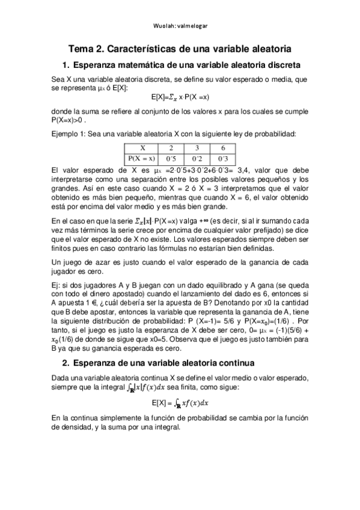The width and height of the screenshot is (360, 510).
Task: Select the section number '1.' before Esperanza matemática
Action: tap(66, 65)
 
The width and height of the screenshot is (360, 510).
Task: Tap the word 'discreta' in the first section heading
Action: tap(284, 65)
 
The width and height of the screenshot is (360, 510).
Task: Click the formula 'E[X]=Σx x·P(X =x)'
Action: tap(180, 96)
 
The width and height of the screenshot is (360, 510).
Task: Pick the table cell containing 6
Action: tap(223, 148)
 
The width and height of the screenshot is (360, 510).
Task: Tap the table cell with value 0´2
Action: tap(197, 159)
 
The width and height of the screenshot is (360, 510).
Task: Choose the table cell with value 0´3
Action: tap(223, 159)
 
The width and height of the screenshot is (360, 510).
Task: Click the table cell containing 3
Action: tap(197, 148)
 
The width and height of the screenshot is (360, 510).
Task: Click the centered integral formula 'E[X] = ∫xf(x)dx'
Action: tap(180, 402)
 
